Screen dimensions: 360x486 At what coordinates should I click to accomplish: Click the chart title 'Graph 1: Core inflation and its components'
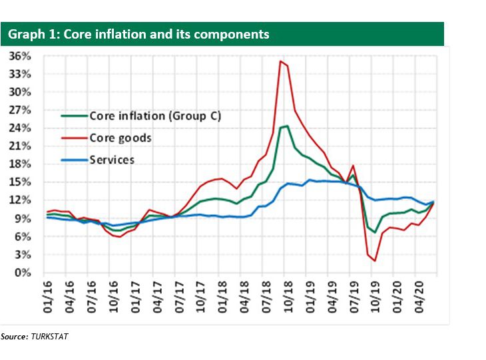point(138,34)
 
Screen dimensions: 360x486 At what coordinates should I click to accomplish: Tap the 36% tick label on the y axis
point(21,56)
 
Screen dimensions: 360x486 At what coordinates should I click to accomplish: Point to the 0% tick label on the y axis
point(23,273)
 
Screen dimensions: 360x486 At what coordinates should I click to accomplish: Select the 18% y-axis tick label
point(21,164)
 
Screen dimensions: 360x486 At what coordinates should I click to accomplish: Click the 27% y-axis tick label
point(21,110)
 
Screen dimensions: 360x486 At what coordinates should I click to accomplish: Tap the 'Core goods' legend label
point(121,138)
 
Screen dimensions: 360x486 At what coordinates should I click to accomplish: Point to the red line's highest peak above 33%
point(280,61)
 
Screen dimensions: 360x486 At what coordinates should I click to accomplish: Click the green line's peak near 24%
point(287,126)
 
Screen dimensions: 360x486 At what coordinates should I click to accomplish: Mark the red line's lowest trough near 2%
point(375,261)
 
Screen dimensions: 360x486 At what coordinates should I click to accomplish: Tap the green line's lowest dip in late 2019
point(375,232)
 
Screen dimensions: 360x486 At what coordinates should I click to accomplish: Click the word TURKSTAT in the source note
point(49,337)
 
